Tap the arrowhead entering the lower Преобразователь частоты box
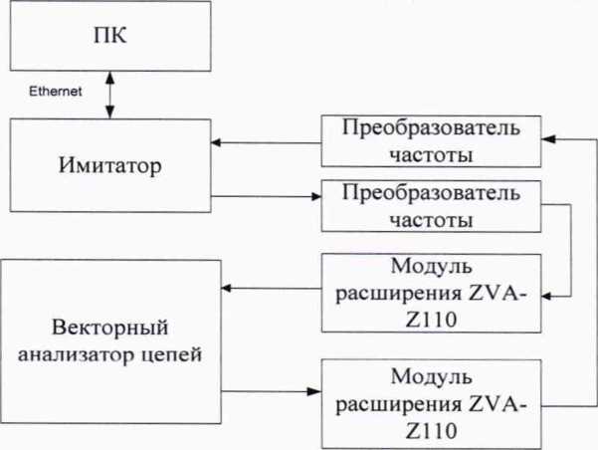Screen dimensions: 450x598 coord(315,197)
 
